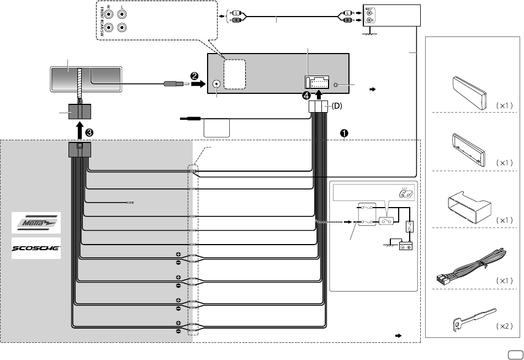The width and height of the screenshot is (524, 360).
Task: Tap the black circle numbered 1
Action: point(344,133)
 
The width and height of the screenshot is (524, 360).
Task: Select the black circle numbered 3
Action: point(89,133)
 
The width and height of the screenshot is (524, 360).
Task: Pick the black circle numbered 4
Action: point(306,94)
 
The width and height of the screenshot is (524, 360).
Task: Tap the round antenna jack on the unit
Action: point(217,84)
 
